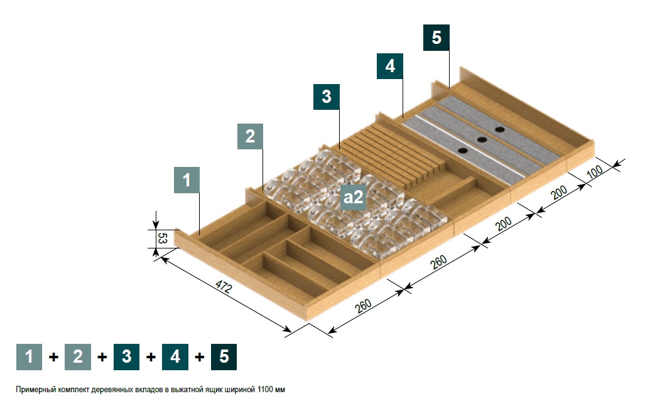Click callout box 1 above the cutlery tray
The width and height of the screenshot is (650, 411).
187,180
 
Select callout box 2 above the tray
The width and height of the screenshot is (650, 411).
250,136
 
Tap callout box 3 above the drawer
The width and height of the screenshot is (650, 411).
326,97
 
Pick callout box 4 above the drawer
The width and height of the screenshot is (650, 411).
389,66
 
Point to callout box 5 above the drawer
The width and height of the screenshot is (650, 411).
436,38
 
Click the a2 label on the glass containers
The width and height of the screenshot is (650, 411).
353,197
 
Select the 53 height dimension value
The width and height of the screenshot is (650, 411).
163,238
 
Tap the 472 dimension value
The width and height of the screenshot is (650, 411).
224,287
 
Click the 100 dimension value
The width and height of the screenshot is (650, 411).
595,171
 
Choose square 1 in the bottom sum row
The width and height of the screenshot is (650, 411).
29,357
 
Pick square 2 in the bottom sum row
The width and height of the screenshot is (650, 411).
78,357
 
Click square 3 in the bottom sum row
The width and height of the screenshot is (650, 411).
126,357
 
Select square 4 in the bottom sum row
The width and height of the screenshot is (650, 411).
175,357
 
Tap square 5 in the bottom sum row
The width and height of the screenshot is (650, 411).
224,357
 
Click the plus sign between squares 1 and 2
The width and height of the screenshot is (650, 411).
53,357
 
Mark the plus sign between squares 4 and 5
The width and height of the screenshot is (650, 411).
199,357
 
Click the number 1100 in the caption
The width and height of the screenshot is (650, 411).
264,390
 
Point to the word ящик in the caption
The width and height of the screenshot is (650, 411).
215,390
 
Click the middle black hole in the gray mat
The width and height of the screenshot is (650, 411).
482,140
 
